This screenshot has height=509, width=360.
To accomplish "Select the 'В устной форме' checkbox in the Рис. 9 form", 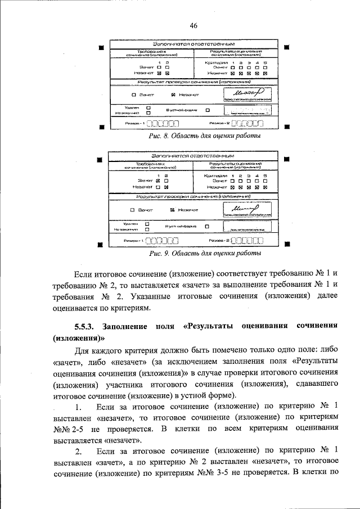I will pyautogui.click(x=206, y=226).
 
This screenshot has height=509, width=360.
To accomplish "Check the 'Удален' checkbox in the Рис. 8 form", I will pyautogui.click(x=148, y=107).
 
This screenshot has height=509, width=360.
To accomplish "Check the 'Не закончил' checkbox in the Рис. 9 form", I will pyautogui.click(x=147, y=229).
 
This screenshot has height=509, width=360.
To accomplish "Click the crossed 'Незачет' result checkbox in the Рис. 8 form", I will pyautogui.click(x=173, y=94).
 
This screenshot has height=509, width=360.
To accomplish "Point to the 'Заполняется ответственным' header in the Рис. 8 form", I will pyautogui.click(x=193, y=44).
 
